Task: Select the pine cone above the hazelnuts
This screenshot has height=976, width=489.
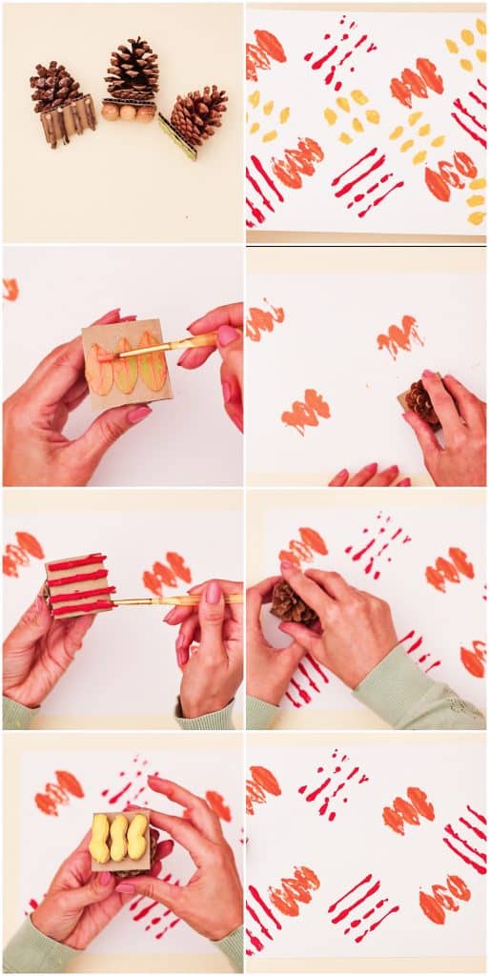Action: pyautogui.click(x=132, y=69)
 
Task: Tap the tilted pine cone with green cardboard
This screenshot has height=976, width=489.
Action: pyautogui.click(x=199, y=113)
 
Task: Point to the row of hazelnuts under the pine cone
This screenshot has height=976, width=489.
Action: pyautogui.click(x=129, y=112)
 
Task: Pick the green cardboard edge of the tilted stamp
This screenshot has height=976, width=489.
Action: pyautogui.click(x=176, y=136)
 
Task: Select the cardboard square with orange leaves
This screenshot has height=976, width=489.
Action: pyautogui.click(x=126, y=363)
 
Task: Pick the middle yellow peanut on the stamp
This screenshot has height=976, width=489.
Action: pyautogui.click(x=118, y=838)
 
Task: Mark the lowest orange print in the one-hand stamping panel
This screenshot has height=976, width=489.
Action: pyautogui.click(x=305, y=411)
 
